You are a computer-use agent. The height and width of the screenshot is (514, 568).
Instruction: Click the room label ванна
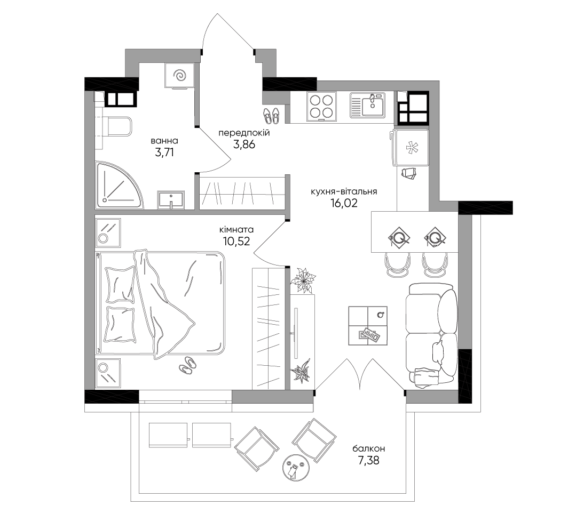[x=164, y=141]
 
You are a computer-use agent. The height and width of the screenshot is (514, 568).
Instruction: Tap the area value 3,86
[x=244, y=144]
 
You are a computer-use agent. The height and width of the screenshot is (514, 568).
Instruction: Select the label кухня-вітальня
[x=344, y=191]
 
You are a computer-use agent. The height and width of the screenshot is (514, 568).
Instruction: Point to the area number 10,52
[x=236, y=241]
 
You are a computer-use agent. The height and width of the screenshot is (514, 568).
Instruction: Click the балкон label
[x=369, y=449]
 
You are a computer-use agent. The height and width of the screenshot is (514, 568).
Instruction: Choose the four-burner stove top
[x=321, y=107]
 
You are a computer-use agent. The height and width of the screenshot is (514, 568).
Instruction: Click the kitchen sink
[x=367, y=105]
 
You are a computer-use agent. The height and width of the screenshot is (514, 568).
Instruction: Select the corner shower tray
[x=119, y=185]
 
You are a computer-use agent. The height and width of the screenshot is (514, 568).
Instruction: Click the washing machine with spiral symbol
[x=179, y=76]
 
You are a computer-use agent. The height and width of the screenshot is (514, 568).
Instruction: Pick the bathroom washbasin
[x=171, y=199]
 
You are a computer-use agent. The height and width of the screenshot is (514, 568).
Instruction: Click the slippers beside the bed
[x=187, y=364]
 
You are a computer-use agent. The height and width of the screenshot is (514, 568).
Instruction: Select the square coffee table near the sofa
[x=368, y=325]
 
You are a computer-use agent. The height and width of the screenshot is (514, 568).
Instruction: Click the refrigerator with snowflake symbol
[x=411, y=148]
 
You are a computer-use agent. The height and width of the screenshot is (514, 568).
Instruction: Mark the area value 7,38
[x=368, y=461]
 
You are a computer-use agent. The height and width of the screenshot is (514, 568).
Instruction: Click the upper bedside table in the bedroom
[x=108, y=232]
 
